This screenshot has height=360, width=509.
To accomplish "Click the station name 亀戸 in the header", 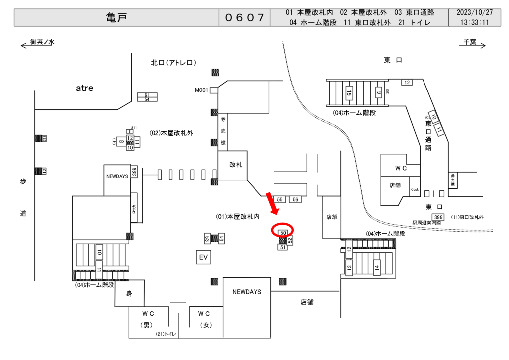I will coord(117,17).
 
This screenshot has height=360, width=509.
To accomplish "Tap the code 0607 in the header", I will coord(244,18).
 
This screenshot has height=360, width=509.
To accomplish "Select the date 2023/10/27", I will coord(475,12).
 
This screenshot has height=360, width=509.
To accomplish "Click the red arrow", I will coord(272,203).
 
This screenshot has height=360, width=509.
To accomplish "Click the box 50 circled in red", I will coord(283,232).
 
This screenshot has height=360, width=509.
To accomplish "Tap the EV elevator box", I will coord(203,257).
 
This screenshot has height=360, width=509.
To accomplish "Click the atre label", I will coord(85,88).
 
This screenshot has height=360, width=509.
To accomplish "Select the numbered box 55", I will coord(280,199).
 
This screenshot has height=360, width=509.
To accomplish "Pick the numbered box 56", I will coord(295,199).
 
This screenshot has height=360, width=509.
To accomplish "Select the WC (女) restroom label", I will coord(204,319).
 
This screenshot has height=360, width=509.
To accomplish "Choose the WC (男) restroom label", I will coord(147,319).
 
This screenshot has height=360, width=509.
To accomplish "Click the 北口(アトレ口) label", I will coord(174,63).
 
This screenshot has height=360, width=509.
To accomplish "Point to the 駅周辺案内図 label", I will coord(426,223).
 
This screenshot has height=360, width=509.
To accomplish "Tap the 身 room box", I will coord(129,294).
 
